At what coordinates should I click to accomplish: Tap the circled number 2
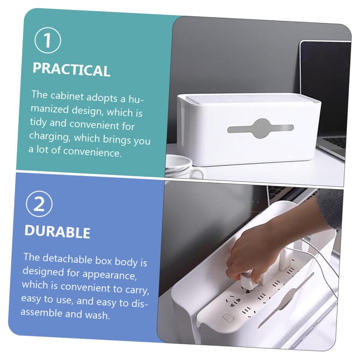[39, 205]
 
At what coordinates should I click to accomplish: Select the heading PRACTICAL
[71, 70]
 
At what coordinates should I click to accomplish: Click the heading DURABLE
[57, 232]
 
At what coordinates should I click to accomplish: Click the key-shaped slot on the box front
[260, 128]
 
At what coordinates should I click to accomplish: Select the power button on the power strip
[228, 317]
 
